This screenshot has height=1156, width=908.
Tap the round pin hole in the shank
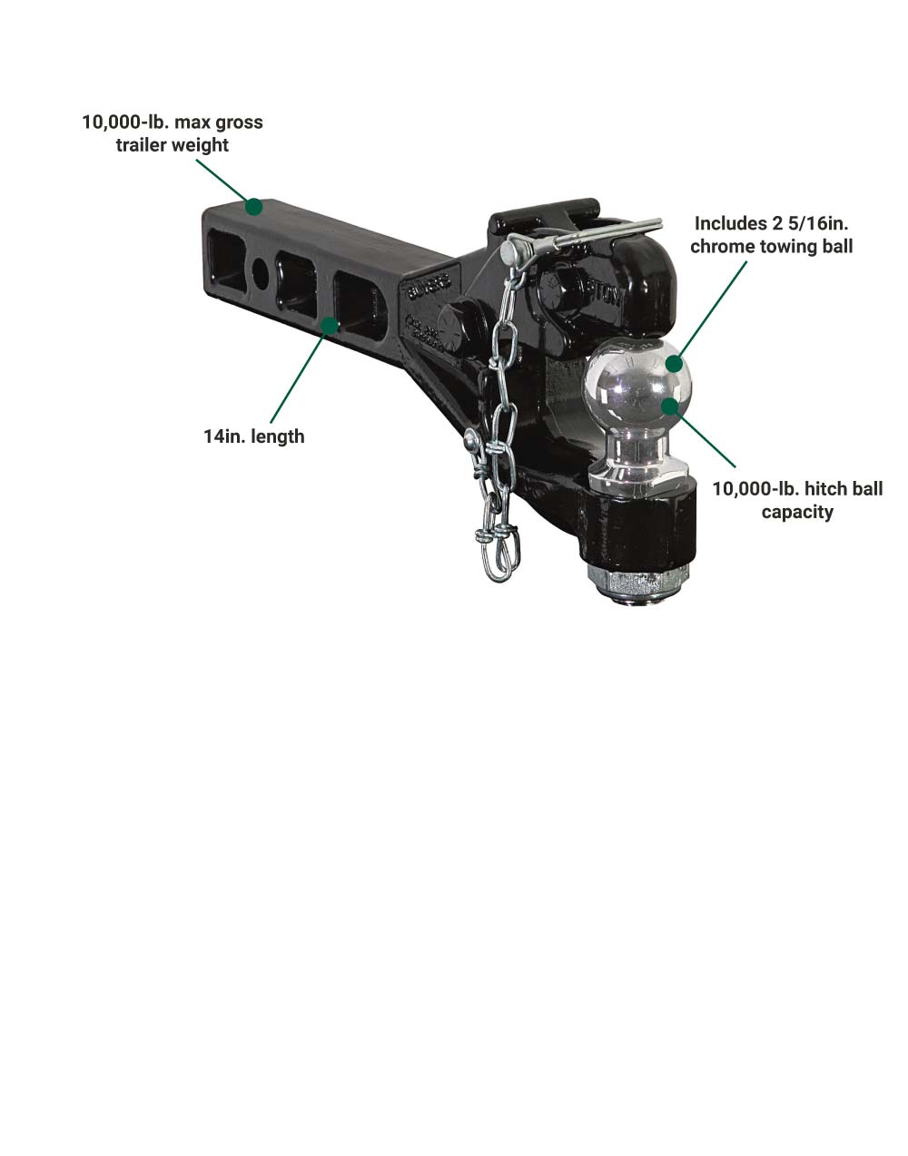[261, 273]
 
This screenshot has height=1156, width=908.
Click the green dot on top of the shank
[254, 206]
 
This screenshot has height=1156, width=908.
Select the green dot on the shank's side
[331, 326]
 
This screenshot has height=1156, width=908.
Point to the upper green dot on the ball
[675, 364]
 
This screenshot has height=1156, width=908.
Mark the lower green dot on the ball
[671, 407]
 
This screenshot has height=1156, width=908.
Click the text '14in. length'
[254, 436]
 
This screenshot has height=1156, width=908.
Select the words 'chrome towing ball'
[771, 247]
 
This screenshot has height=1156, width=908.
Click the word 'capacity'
[797, 513]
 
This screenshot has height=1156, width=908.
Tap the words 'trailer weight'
[172, 145]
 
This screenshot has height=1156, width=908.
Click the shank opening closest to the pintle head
[360, 306]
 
